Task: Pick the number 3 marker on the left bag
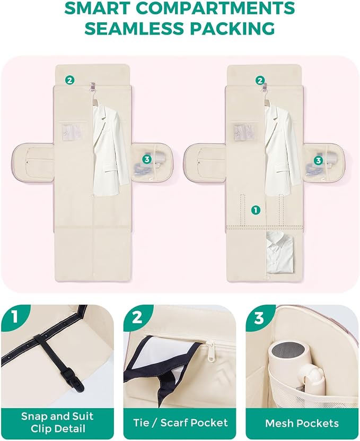(x=147, y=159)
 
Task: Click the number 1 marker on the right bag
(x=256, y=210)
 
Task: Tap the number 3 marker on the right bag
(x=318, y=160)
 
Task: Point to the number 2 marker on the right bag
(x=260, y=81)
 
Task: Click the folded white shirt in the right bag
(x=280, y=252)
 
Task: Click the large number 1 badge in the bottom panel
(x=15, y=317)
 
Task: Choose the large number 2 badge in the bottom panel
(x=137, y=317)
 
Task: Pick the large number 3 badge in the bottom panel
(x=259, y=317)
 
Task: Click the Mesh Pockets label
(x=302, y=423)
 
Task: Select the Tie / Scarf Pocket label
(x=180, y=422)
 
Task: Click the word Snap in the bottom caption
(x=34, y=417)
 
